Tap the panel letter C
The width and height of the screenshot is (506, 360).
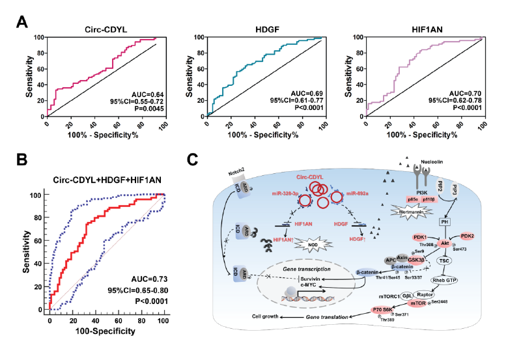point(192,160)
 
